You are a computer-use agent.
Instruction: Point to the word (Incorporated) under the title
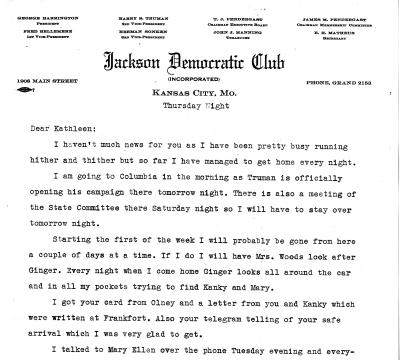[x=200, y=73]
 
